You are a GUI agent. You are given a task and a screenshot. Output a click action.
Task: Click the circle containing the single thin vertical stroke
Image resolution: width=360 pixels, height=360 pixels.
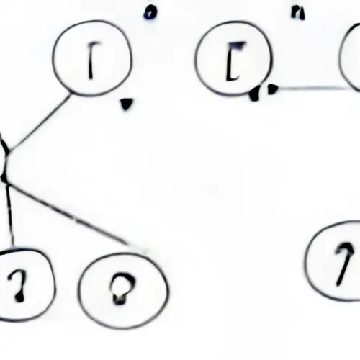[93, 61]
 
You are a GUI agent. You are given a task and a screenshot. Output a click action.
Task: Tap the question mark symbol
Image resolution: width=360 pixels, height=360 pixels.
[20, 282]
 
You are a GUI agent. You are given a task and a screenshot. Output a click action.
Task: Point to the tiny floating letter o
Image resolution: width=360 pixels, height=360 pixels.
[149, 12]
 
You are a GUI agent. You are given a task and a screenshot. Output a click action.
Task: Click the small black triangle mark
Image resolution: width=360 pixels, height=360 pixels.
[126, 104]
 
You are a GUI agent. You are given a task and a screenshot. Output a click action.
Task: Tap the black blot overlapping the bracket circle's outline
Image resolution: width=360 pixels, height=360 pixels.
[255, 94]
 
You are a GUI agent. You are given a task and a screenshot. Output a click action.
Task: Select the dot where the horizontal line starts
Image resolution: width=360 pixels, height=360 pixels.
[272, 89]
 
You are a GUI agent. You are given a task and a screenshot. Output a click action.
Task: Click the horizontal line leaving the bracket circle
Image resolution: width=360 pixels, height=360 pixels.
[310, 89]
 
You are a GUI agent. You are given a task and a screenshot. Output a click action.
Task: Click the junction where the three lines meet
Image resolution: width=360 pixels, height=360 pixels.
[6, 173]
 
